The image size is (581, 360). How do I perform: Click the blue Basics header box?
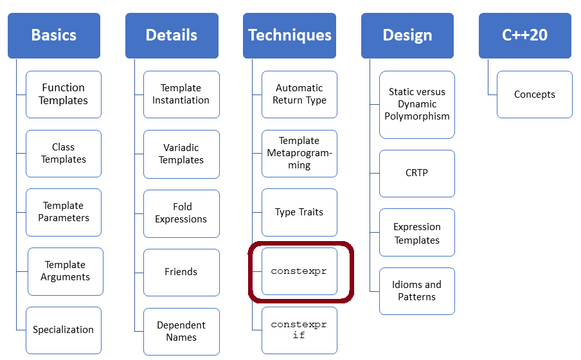(x=54, y=35)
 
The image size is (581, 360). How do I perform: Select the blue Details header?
(x=172, y=35)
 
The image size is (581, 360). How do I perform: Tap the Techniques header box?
(x=290, y=35)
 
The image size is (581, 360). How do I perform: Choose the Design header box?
(x=407, y=35)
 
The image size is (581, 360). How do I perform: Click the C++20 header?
(x=525, y=35)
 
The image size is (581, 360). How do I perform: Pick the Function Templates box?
(x=64, y=94)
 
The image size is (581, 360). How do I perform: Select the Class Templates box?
(x=64, y=154)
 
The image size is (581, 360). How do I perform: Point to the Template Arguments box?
(x=66, y=271)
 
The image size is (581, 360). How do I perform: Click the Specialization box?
(x=64, y=330)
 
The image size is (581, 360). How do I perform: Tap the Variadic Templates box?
(x=181, y=154)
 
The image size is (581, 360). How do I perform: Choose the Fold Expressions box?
(x=181, y=213)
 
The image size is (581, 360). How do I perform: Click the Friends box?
(x=181, y=272)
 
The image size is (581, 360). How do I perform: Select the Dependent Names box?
(x=181, y=331)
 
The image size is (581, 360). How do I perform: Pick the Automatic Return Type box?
(x=299, y=94)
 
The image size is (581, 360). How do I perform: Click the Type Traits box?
(x=299, y=212)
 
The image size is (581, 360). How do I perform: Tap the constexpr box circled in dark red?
(x=299, y=271)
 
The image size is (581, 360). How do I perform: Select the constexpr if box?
(x=299, y=330)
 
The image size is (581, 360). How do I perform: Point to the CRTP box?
(x=417, y=173)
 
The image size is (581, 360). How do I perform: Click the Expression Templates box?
(x=417, y=233)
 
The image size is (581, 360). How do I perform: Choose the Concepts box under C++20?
(x=535, y=94)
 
